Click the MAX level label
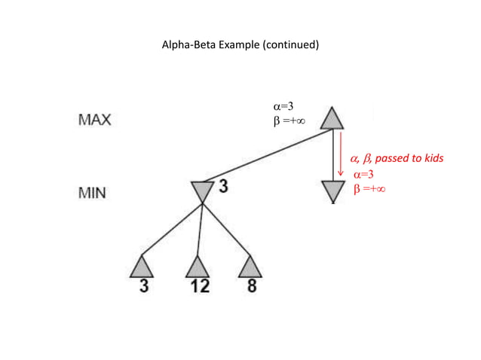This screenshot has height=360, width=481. pyautogui.click(x=94, y=120)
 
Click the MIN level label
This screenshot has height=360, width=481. pyautogui.click(x=93, y=194)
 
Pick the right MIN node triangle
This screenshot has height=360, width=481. pyautogui.click(x=332, y=191)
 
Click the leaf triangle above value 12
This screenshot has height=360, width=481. pyautogui.click(x=197, y=267)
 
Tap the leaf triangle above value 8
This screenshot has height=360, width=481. pyautogui.click(x=250, y=267)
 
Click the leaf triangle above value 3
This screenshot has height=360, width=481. pyautogui.click(x=142, y=267)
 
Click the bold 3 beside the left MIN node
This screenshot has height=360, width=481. pyautogui.click(x=223, y=186)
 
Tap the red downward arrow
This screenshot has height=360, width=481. pyautogui.click(x=341, y=154)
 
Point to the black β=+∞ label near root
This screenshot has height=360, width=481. pyautogui.click(x=289, y=121)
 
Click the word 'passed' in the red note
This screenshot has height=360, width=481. pyautogui.click(x=392, y=159)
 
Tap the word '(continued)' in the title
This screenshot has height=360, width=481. pyautogui.click(x=290, y=44)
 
